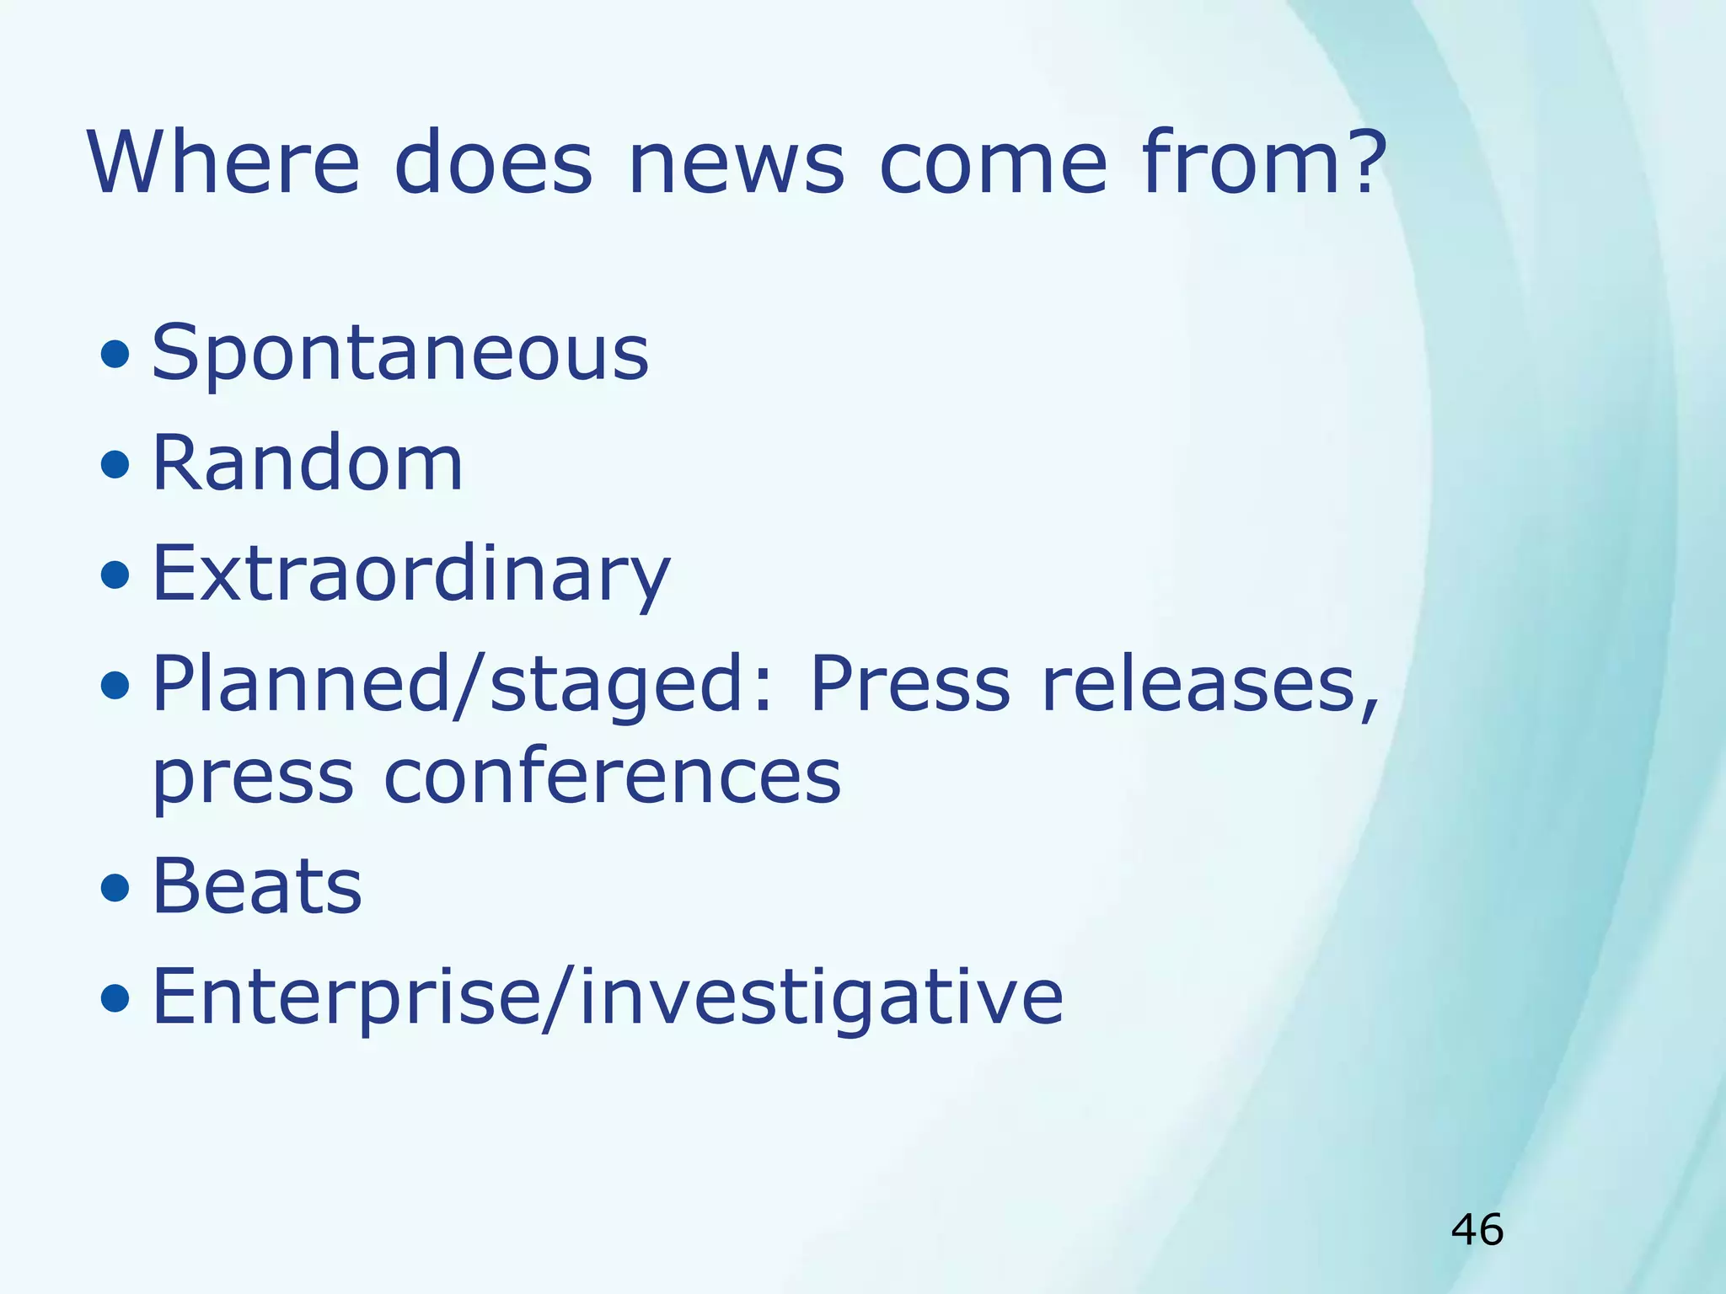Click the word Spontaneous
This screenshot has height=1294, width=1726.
400,354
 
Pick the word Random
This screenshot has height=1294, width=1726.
308,463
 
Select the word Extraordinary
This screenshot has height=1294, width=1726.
411,575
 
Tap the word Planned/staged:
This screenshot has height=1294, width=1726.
462,684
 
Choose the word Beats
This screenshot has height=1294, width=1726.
257,886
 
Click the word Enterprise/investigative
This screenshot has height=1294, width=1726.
608,997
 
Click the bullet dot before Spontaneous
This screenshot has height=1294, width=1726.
115,355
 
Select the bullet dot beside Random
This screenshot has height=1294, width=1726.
115,464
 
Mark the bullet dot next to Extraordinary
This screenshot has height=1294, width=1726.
115,576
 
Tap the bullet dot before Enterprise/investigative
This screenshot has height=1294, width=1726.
115,999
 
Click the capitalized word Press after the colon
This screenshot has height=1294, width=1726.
909,684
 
